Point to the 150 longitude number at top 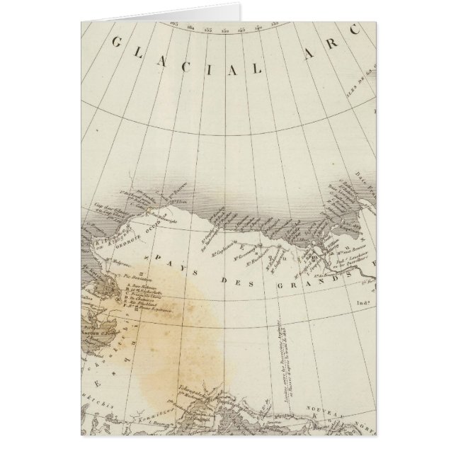tap(225, 30)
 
